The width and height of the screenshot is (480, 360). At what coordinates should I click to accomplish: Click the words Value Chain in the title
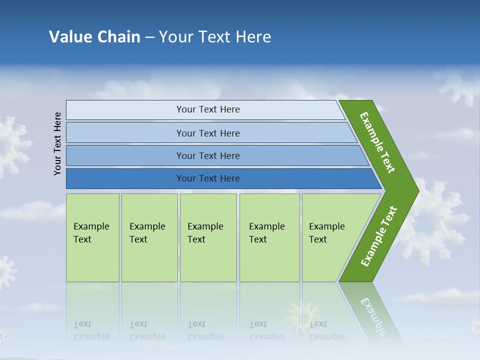point(94,37)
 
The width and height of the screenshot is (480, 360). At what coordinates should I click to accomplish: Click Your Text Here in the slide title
point(215,37)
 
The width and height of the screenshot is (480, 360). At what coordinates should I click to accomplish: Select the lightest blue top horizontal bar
point(125,110)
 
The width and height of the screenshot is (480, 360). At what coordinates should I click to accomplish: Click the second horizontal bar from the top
point(125,133)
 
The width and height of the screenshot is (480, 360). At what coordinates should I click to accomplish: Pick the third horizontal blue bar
point(125,155)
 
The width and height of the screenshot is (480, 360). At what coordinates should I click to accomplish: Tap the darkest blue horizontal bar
point(125,178)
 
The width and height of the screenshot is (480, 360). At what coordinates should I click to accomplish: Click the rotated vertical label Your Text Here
point(57,143)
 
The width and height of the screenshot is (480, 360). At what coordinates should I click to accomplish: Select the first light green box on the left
point(92,237)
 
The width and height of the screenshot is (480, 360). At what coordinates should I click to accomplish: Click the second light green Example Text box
point(149,237)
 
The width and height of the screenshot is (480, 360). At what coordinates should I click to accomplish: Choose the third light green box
point(208,237)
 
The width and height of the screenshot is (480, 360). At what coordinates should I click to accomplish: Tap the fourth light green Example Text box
point(269,237)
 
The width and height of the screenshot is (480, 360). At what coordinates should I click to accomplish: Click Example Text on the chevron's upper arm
point(377,142)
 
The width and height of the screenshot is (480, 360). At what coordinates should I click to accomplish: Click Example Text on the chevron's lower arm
point(378,236)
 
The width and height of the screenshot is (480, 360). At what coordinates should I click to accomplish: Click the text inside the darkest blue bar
point(208,178)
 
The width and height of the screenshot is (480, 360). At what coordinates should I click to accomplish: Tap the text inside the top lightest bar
point(208,109)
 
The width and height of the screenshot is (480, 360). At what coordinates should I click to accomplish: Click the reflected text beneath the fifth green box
point(326,330)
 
